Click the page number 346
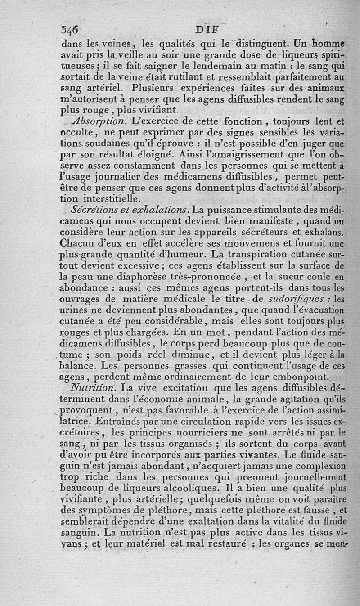click(69, 30)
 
